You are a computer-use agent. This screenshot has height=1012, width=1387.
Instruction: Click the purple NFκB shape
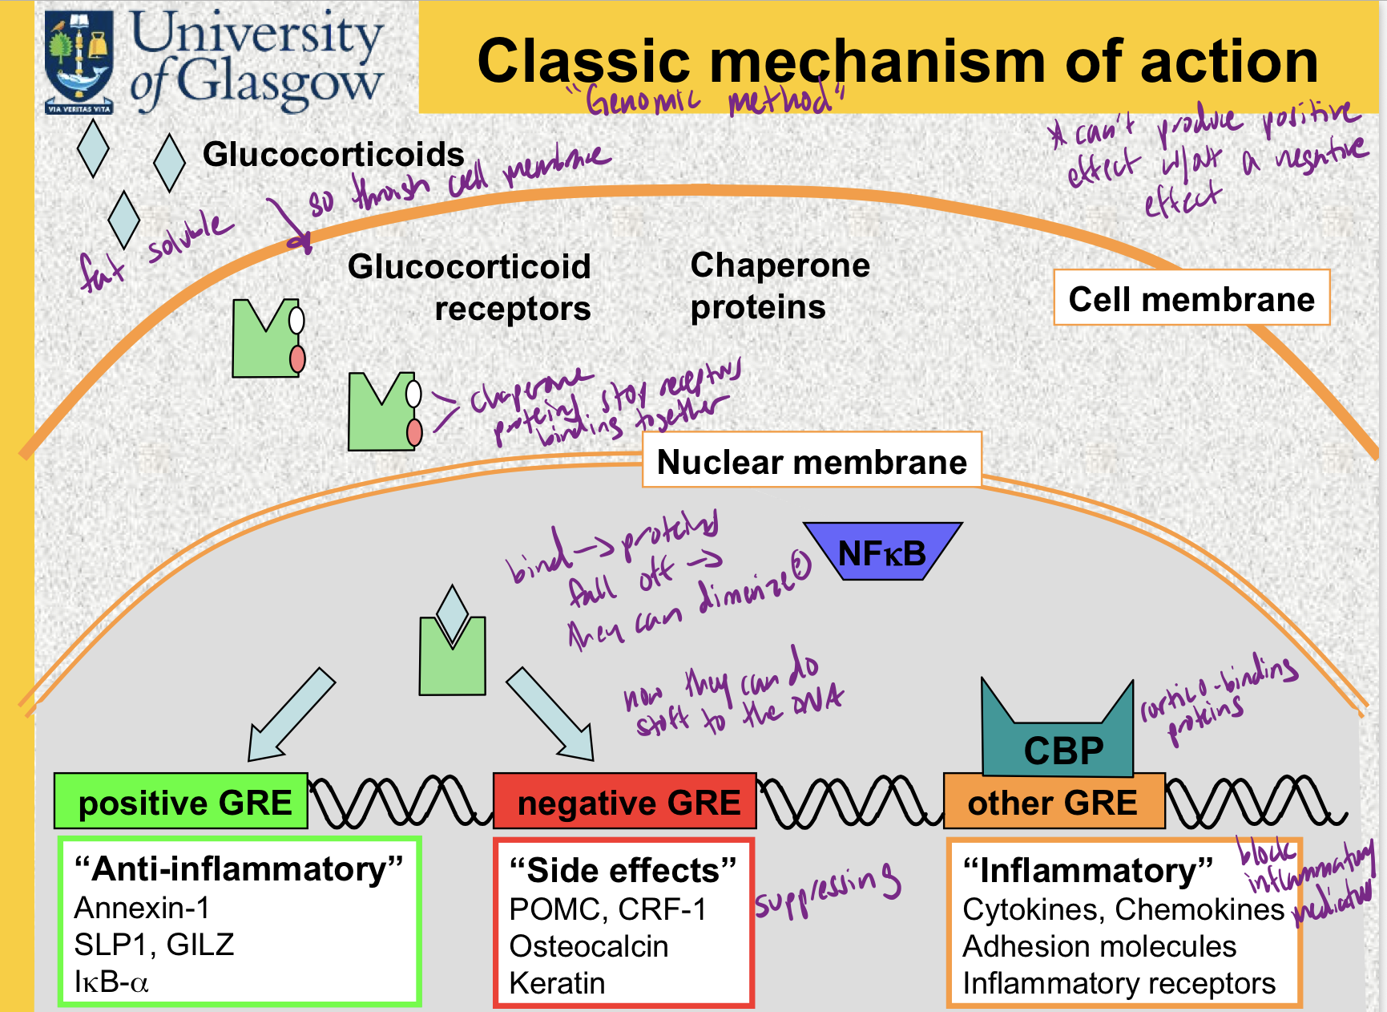tap(882, 552)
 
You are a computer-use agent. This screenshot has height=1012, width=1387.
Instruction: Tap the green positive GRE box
tap(181, 801)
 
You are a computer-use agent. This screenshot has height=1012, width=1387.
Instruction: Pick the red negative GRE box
tap(625, 801)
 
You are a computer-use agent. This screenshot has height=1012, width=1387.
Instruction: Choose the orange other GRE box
tap(1053, 801)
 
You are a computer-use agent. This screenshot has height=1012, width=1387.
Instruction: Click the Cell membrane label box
tap(1191, 298)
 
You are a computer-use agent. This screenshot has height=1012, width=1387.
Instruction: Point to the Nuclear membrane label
tap(812, 461)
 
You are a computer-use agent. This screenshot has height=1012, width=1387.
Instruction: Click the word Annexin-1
tap(142, 908)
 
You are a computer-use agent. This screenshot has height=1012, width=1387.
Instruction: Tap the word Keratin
tap(557, 983)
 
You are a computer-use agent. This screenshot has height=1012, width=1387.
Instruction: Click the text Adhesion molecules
tap(1099, 946)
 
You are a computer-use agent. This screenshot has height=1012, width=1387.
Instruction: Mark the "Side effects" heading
tap(623, 870)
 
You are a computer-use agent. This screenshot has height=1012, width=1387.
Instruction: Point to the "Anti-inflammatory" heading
tap(239, 869)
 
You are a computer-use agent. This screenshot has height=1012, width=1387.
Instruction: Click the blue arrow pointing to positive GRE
tap(290, 715)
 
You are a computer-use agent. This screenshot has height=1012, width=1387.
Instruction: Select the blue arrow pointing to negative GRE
tap(552, 715)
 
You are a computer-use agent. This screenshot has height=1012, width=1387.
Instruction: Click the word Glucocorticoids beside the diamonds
tap(333, 154)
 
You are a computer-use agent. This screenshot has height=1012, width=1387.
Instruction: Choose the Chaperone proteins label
tap(780, 286)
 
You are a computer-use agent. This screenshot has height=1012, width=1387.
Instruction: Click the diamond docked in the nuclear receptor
tap(453, 614)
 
